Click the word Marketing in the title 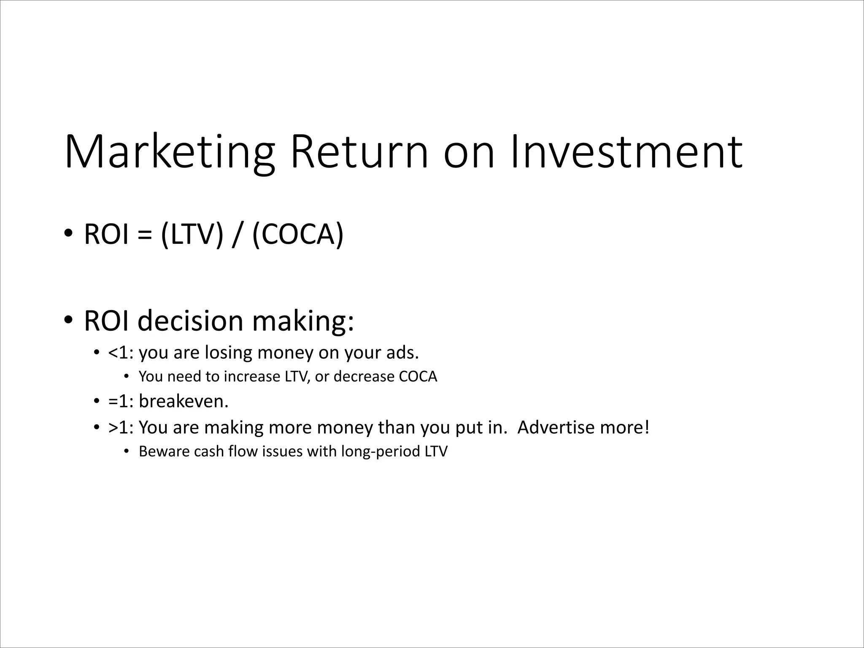click(170, 152)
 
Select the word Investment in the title click(626, 152)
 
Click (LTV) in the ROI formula click(192, 234)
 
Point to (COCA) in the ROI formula click(298, 234)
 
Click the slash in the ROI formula click(237, 234)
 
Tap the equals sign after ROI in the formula click(144, 235)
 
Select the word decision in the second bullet click(191, 321)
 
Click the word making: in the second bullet click(303, 321)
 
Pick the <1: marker click(121, 353)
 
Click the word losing click(228, 353)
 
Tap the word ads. click(402, 353)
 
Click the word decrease click(364, 377)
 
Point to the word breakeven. click(184, 401)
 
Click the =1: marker click(121, 401)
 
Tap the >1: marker click(121, 428)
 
